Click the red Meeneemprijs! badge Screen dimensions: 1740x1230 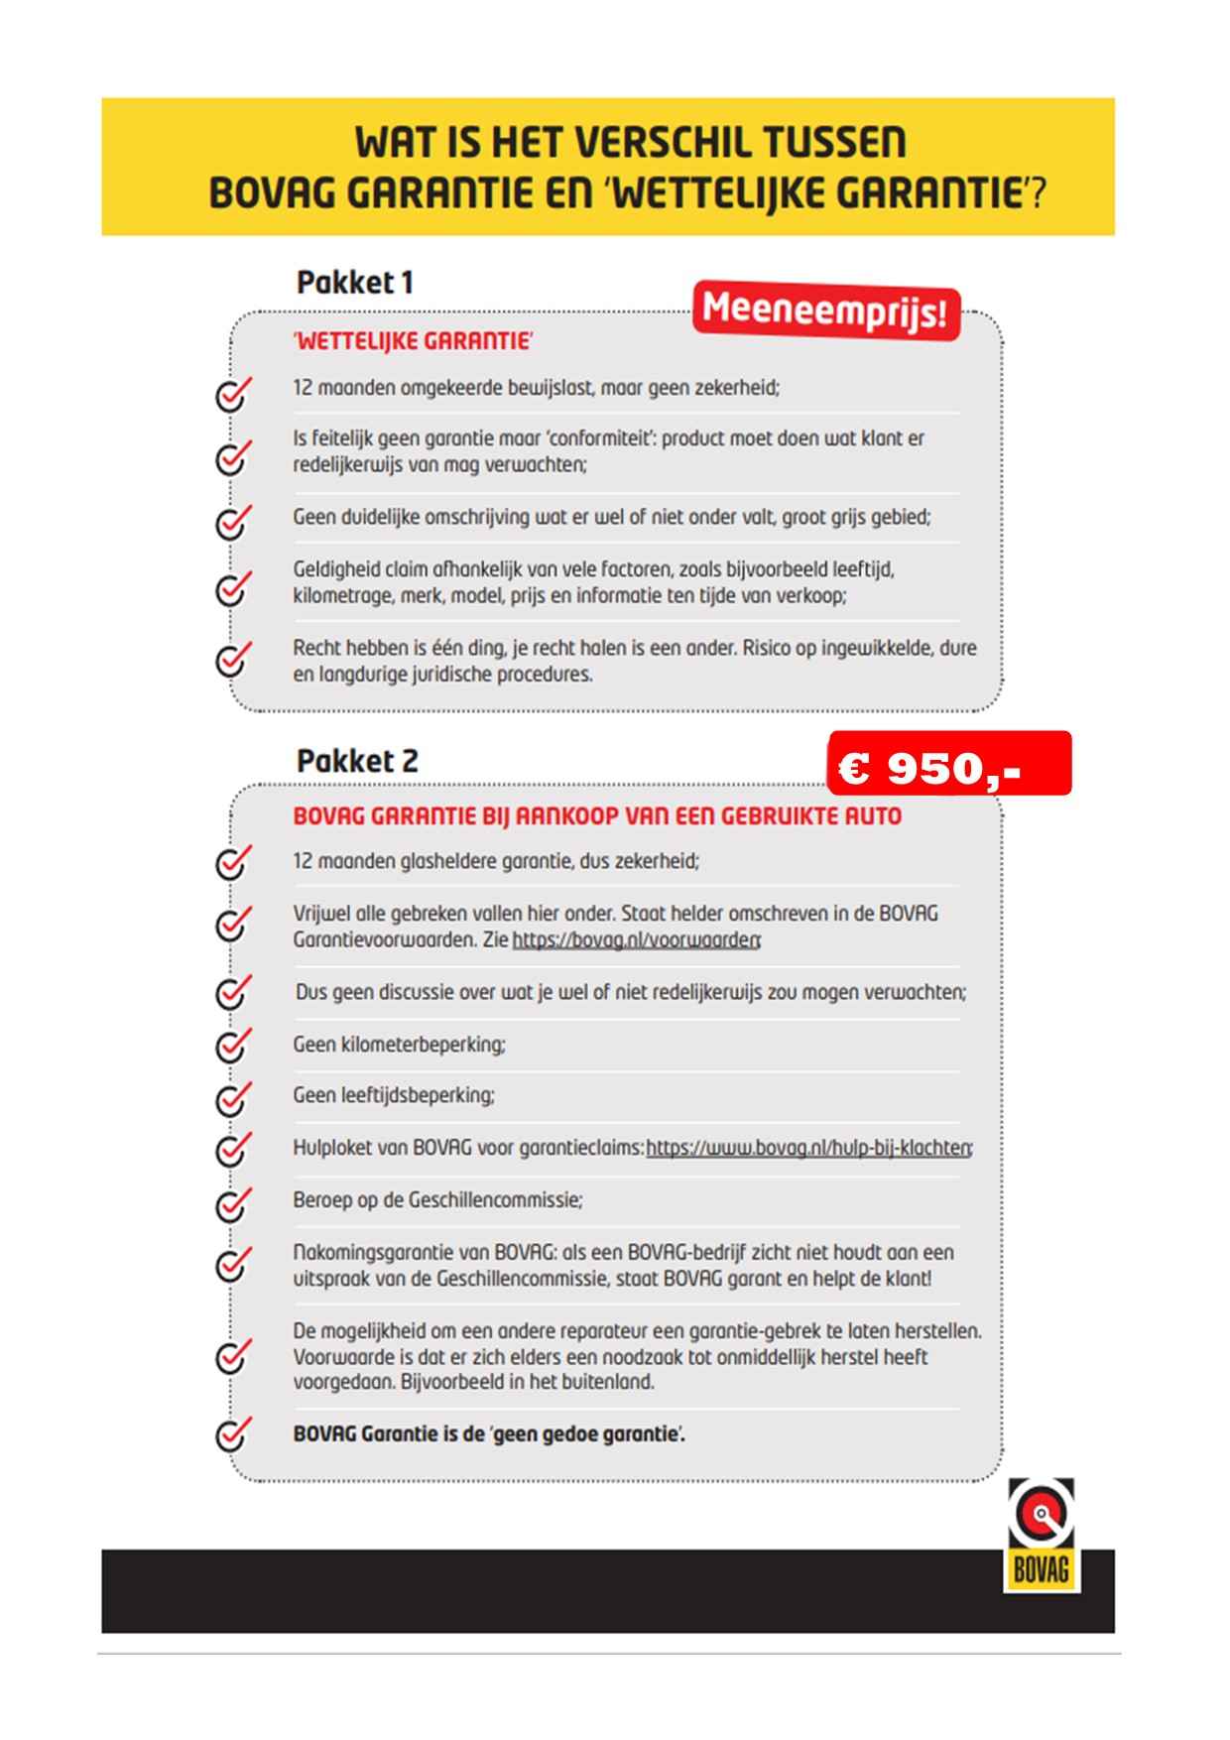825,311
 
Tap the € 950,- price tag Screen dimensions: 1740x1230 949,764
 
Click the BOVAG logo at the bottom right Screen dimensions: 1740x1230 1041,1535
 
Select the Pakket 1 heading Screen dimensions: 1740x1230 354,283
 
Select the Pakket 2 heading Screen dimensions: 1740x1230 357,761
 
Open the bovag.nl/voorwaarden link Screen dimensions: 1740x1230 636,939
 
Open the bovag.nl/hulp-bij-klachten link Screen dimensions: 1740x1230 808,1148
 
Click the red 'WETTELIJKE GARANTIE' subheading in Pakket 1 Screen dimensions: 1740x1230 413,341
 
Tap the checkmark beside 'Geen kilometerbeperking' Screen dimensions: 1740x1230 232,1045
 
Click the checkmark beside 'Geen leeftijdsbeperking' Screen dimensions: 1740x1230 232,1096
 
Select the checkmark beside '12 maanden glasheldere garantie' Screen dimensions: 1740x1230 232,862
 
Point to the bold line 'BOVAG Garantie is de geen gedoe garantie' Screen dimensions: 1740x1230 489,1434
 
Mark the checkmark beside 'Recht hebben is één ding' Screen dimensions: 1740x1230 232,658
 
